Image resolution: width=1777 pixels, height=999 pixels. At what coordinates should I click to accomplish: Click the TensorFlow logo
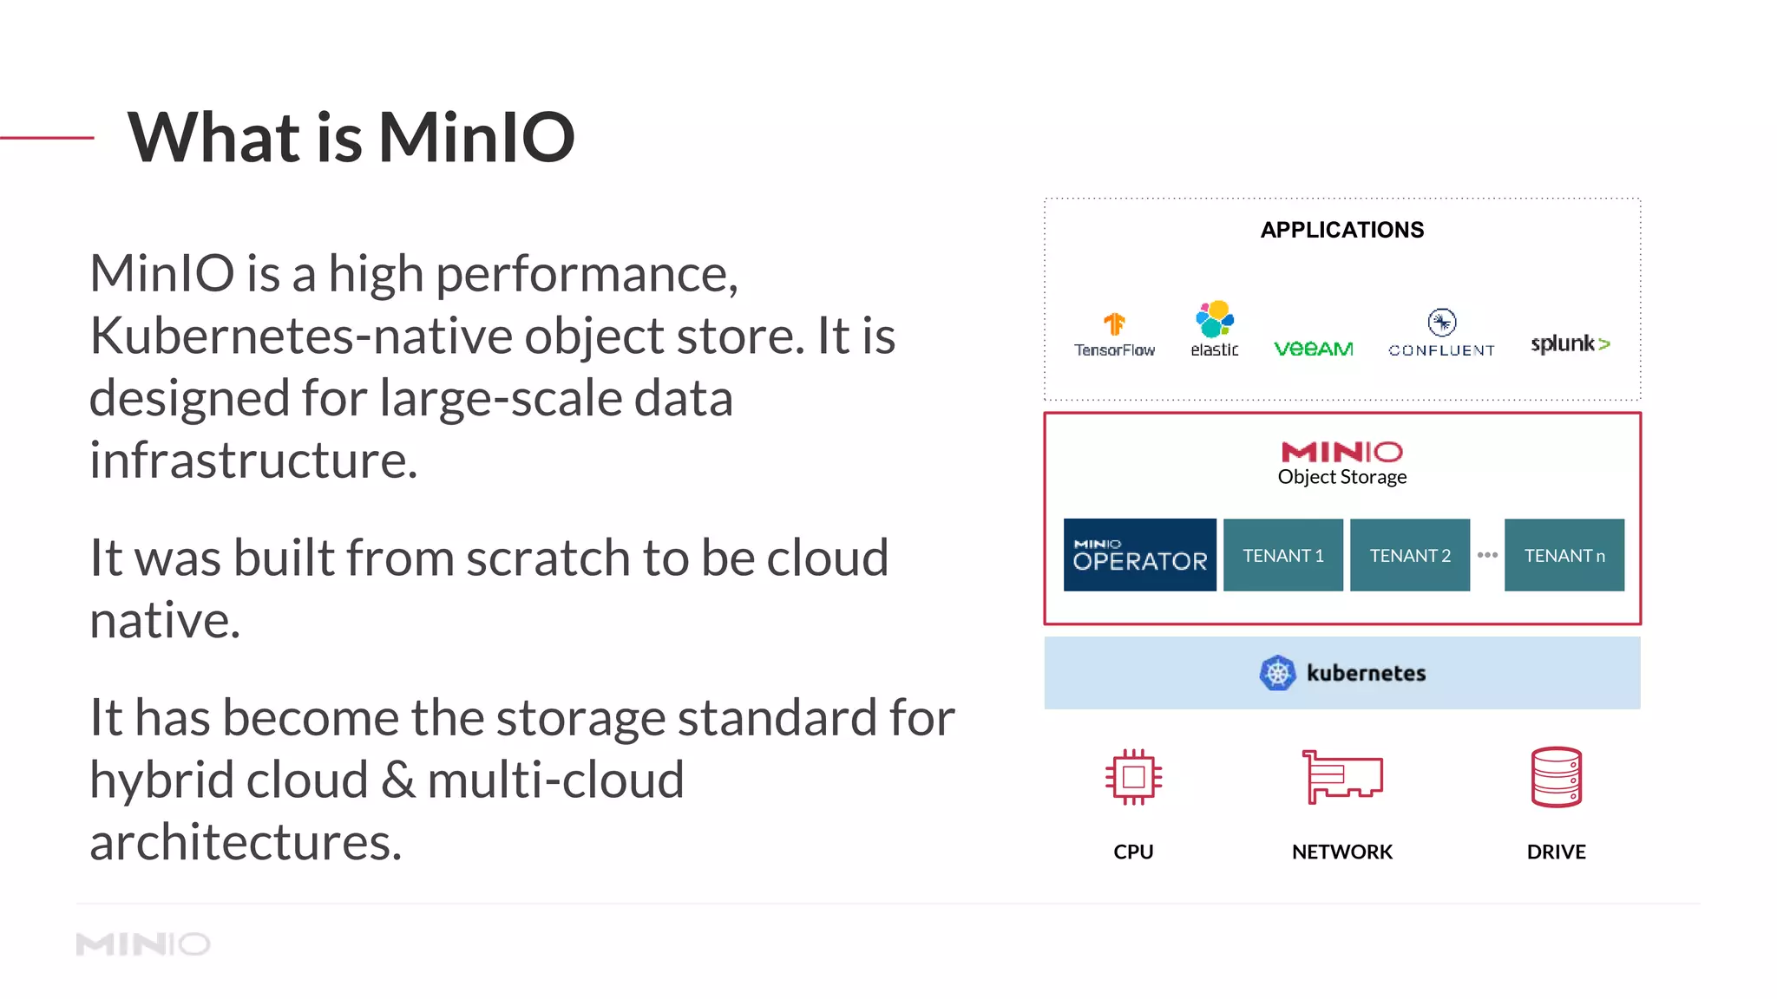point(1114,335)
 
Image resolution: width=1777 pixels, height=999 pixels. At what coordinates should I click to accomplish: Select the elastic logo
point(1215,329)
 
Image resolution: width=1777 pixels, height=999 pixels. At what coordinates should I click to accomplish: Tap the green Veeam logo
point(1313,349)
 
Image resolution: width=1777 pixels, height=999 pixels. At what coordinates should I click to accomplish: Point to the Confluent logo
point(1441,334)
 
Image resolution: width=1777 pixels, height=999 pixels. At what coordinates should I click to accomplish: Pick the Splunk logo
point(1570,343)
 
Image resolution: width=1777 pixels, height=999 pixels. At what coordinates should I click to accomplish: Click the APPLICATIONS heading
point(1341,230)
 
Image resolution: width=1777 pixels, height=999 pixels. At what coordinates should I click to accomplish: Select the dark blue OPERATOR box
point(1139,555)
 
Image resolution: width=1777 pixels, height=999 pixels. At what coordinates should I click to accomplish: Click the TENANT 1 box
point(1282,555)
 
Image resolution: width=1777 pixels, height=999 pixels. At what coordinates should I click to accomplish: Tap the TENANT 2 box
point(1409,555)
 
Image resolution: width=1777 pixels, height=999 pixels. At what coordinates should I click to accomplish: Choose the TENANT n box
point(1564,555)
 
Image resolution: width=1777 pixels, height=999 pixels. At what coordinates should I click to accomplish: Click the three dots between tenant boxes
point(1487,555)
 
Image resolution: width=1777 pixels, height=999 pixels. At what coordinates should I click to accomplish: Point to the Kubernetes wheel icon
point(1277,673)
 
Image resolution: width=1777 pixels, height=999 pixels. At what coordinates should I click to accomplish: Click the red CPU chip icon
point(1133,777)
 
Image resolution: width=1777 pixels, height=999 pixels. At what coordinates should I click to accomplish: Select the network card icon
point(1341,777)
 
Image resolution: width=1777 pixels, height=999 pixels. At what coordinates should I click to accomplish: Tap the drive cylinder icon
point(1556,777)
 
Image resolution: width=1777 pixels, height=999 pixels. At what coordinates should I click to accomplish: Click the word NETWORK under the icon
point(1341,852)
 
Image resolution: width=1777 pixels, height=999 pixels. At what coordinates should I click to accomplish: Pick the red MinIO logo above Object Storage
point(1341,452)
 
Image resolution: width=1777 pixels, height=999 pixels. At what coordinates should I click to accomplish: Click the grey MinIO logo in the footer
point(143,943)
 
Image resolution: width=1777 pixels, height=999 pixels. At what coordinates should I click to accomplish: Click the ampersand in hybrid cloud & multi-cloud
point(398,780)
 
